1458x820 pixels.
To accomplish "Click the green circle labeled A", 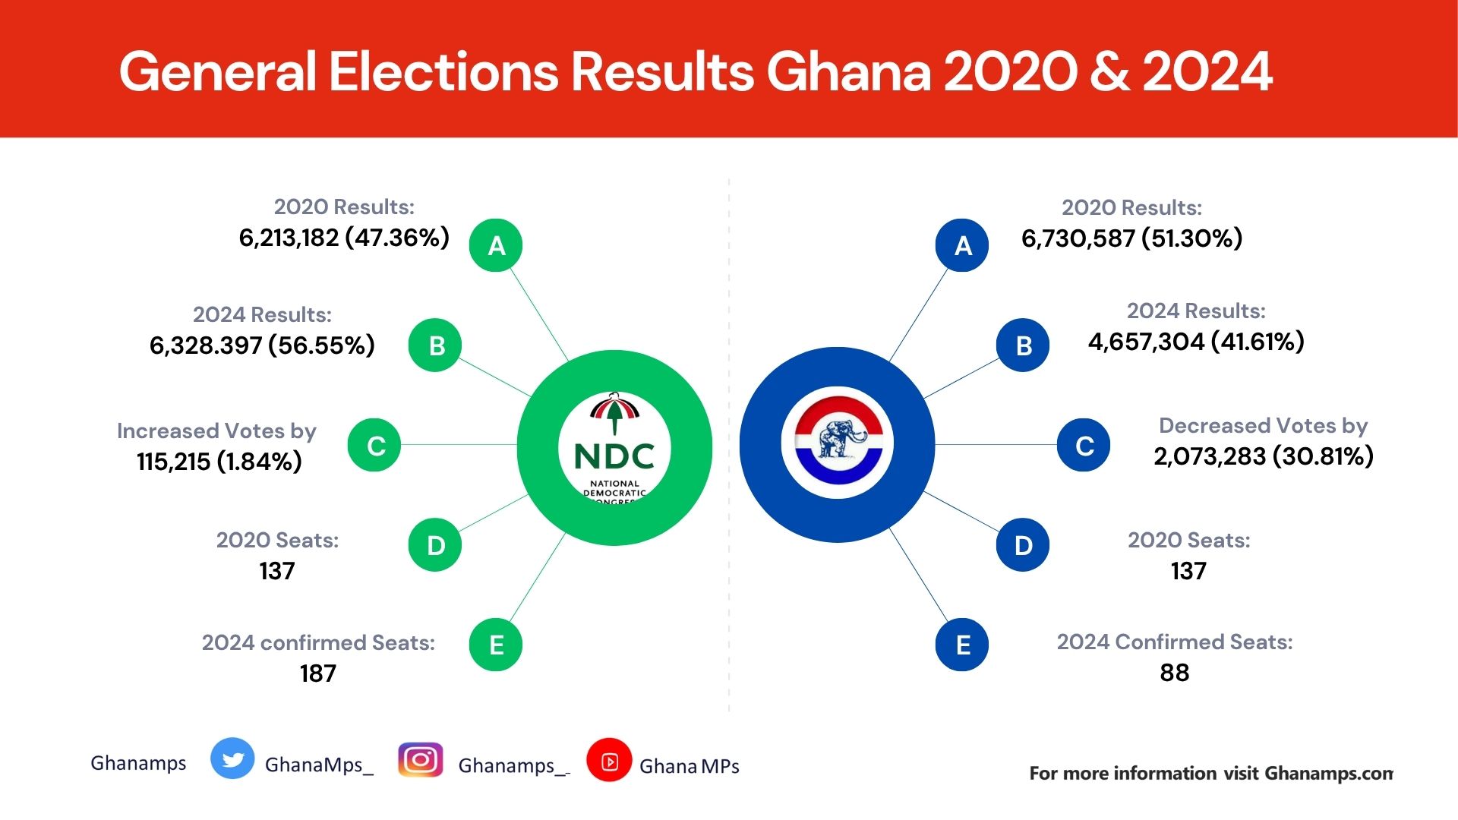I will (x=496, y=245).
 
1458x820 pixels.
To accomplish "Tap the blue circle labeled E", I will (x=962, y=645).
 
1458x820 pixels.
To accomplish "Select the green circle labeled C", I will (x=374, y=445).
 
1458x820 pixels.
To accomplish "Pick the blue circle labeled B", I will (x=1023, y=345).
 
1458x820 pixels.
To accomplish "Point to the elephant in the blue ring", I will (x=838, y=440).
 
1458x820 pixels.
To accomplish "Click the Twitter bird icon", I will (x=232, y=758).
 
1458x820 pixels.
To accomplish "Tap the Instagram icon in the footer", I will (x=421, y=760).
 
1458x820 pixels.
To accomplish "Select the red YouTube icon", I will (x=609, y=760).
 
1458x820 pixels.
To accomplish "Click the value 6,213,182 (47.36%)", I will (x=344, y=238).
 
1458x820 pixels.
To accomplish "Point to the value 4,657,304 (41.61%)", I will (x=1196, y=342).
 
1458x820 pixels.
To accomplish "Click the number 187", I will (x=317, y=673).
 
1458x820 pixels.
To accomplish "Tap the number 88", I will (x=1174, y=673).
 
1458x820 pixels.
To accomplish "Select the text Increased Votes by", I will (x=216, y=430).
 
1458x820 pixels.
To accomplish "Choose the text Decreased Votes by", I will (x=1263, y=425).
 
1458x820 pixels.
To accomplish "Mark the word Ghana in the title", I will (x=848, y=72).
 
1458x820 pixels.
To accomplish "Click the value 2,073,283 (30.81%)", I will (x=1264, y=456).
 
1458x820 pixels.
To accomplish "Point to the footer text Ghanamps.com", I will (x=1329, y=773).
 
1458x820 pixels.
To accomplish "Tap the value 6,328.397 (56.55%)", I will (x=262, y=345).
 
